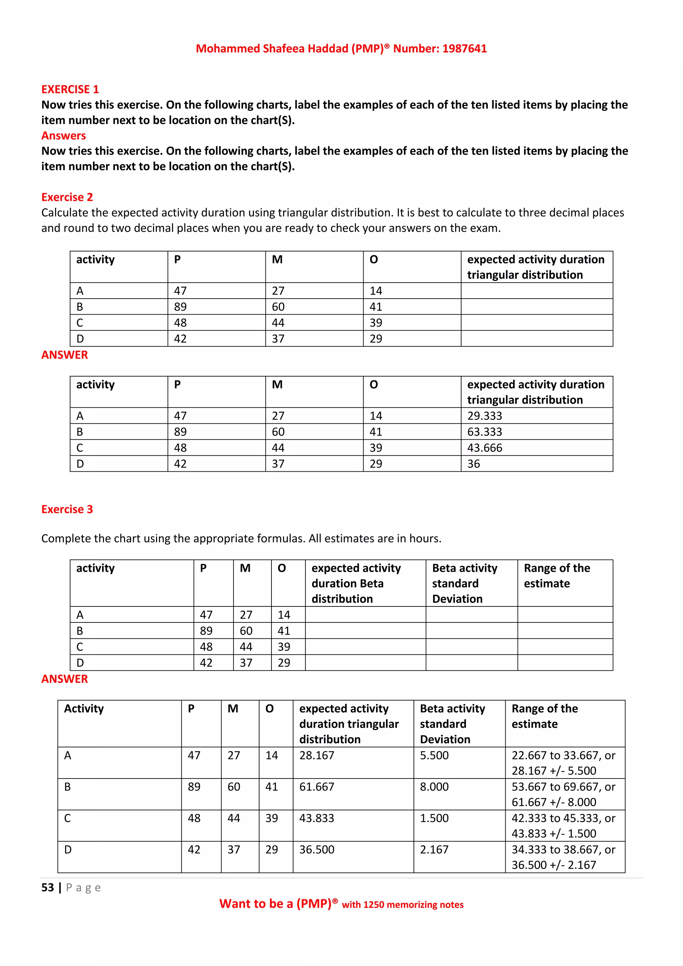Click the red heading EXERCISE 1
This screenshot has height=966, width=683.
click(70, 89)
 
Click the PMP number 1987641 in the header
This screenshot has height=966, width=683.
click(464, 48)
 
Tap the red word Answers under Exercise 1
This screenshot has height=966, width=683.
click(63, 135)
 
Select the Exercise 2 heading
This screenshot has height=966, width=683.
click(67, 197)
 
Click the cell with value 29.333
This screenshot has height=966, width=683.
click(485, 416)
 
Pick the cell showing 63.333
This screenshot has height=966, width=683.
click(485, 432)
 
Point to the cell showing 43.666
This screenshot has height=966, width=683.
click(485, 448)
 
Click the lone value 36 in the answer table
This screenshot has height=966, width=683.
click(474, 464)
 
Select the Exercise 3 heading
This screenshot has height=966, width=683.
click(67, 509)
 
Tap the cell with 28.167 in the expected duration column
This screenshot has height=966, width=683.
click(317, 755)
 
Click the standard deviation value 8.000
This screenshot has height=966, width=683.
click(434, 787)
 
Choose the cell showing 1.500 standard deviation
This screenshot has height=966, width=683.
click(434, 818)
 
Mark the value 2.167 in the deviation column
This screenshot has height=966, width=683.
click(434, 850)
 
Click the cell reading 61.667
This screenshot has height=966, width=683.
click(317, 787)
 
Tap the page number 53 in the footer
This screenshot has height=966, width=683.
click(48, 888)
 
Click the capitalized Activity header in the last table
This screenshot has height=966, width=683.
click(84, 708)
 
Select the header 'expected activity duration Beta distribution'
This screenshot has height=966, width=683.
click(356, 583)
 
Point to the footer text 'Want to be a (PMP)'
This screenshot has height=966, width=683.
click(275, 904)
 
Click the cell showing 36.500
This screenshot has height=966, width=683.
click(317, 850)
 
